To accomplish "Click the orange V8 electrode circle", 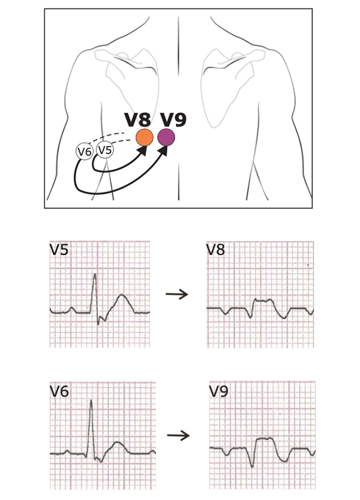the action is point(145,137).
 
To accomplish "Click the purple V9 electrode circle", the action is point(166,137).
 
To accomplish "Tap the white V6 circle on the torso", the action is point(85,151).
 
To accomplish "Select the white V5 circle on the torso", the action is point(105,150).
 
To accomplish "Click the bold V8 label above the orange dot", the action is point(137,119).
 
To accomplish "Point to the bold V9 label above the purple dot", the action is point(173,119).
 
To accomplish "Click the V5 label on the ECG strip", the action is point(59,249).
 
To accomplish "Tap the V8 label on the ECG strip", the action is point(215,249).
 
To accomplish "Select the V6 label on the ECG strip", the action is point(59,391).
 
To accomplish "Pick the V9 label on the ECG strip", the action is point(219,391).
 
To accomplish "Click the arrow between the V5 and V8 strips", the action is point(177,294).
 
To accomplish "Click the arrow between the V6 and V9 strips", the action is point(178,435).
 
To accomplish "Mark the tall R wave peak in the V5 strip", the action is point(94,274).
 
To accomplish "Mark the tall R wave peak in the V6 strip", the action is point(91,400).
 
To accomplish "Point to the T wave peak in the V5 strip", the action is point(121,295).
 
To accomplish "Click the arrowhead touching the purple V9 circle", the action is point(164,151).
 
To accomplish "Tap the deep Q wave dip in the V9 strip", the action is point(252,466).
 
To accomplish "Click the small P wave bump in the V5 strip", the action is point(72,309).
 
